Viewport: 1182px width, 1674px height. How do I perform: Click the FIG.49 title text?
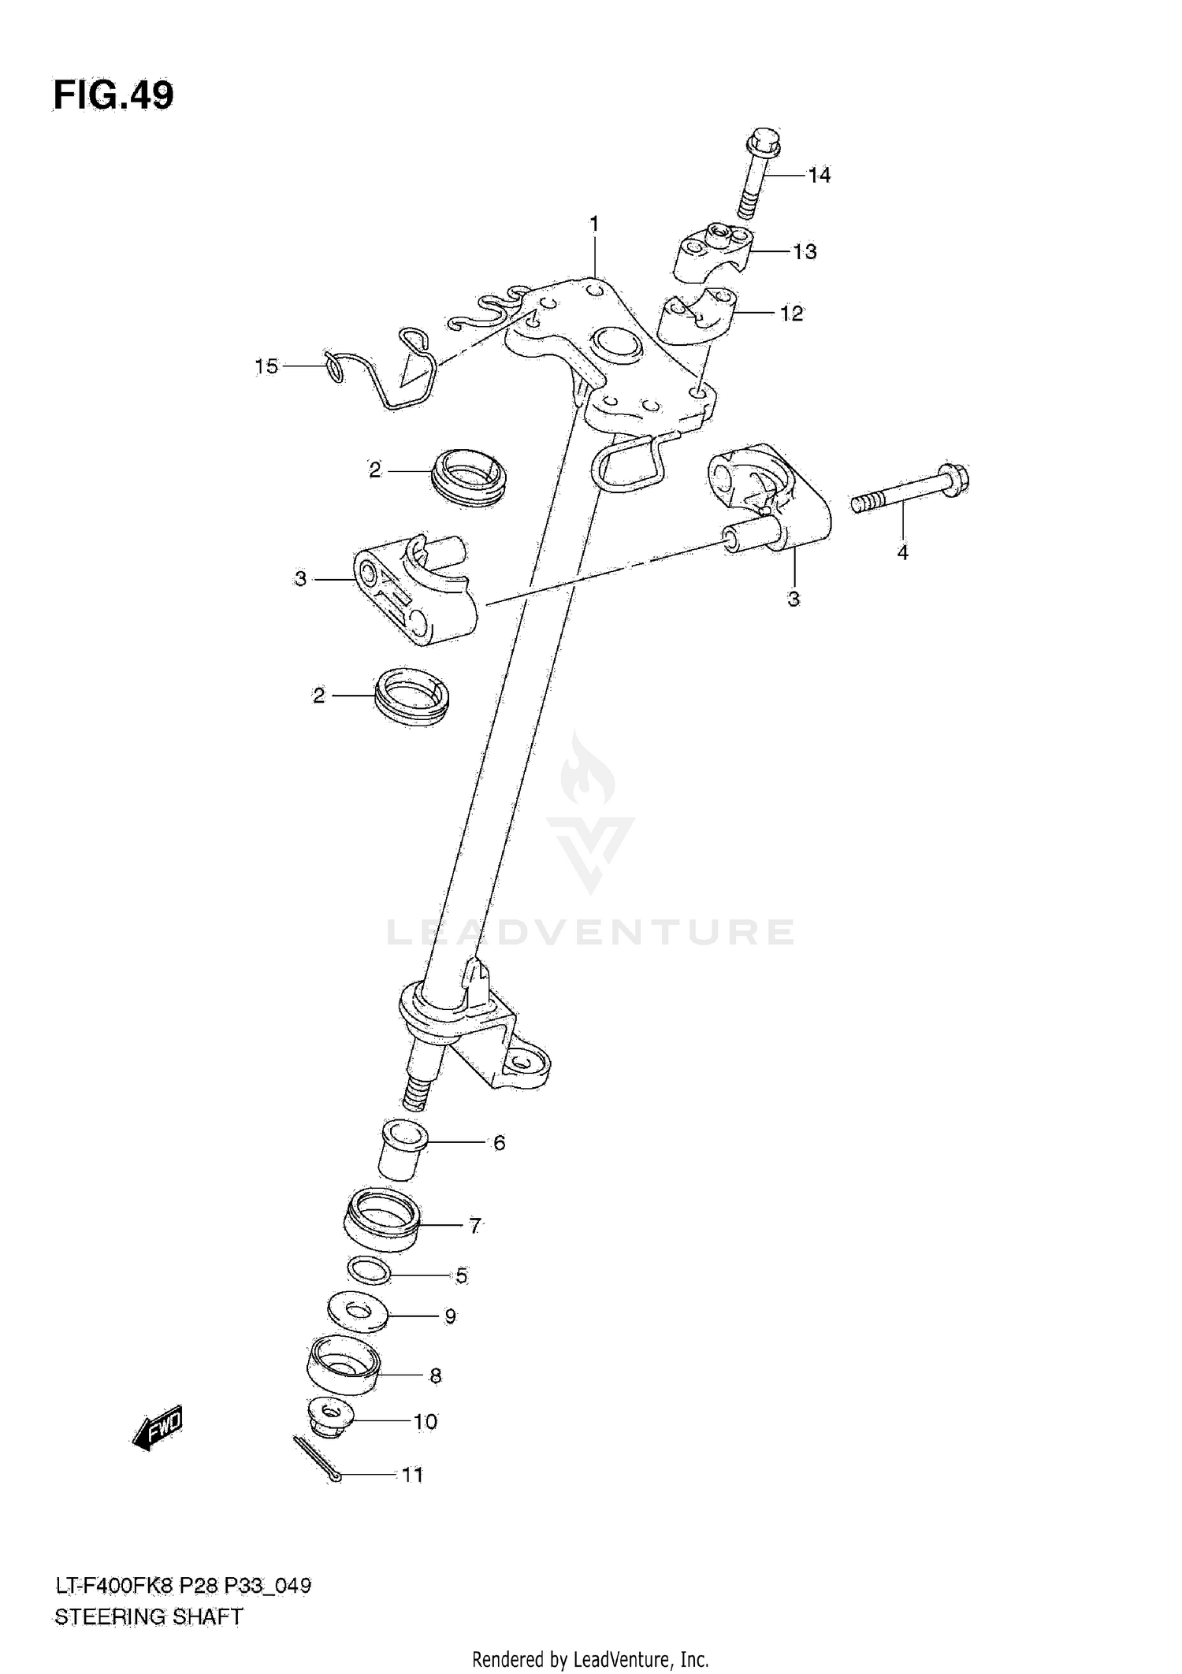(x=113, y=95)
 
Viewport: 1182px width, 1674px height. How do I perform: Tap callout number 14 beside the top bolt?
(x=820, y=175)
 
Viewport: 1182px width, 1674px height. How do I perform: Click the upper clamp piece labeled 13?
(x=712, y=251)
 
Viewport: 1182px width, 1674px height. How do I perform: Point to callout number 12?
(x=791, y=314)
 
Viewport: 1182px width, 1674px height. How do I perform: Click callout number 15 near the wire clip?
(x=266, y=366)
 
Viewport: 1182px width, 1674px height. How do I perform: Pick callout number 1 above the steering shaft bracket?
(x=594, y=225)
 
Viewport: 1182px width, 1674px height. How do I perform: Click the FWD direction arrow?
(x=158, y=1426)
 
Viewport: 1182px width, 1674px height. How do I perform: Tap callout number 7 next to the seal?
(x=475, y=1226)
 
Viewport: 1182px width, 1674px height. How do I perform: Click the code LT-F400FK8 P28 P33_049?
(x=182, y=1585)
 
